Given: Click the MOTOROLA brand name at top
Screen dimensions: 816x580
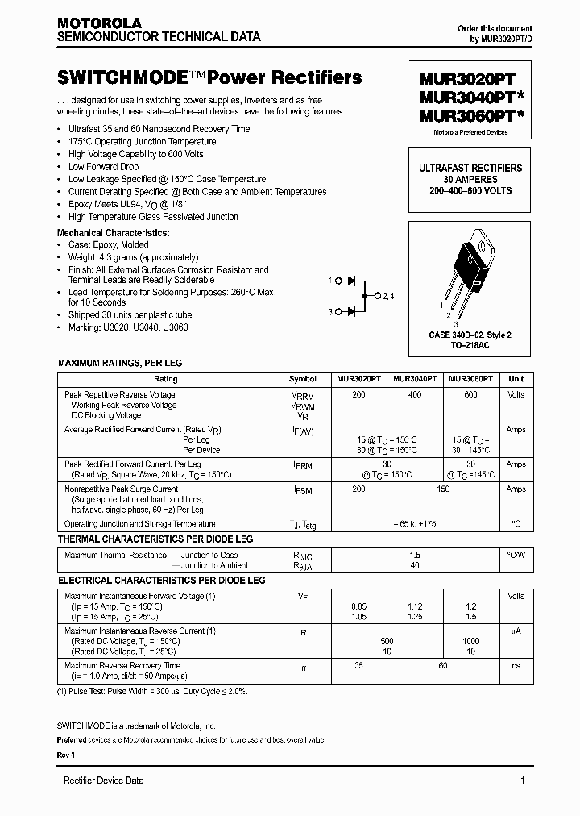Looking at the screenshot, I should pyautogui.click(x=99, y=23).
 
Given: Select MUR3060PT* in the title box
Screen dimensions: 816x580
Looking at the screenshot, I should pyautogui.click(x=470, y=116).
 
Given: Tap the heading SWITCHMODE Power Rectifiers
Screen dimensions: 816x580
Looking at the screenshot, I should pyautogui.click(x=209, y=78).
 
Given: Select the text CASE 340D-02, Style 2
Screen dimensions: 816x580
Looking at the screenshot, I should pyautogui.click(x=470, y=335).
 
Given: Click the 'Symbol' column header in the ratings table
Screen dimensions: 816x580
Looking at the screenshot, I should pyautogui.click(x=303, y=378).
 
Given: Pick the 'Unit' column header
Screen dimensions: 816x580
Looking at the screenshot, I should pyautogui.click(x=516, y=378).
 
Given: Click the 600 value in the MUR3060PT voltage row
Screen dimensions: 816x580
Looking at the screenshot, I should pyautogui.click(x=470, y=395).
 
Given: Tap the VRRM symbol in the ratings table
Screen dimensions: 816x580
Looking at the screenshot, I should pyautogui.click(x=302, y=396).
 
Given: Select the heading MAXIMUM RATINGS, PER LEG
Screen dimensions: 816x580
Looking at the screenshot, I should pyautogui.click(x=120, y=364).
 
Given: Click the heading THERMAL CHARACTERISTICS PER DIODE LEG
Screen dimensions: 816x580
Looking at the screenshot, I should pyautogui.click(x=155, y=538).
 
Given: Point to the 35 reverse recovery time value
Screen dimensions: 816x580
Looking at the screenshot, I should pyautogui.click(x=358, y=666).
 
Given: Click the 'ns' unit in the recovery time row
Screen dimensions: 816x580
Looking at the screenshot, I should pyautogui.click(x=516, y=666).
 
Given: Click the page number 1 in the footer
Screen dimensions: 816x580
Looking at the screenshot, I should pyautogui.click(x=523, y=781).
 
